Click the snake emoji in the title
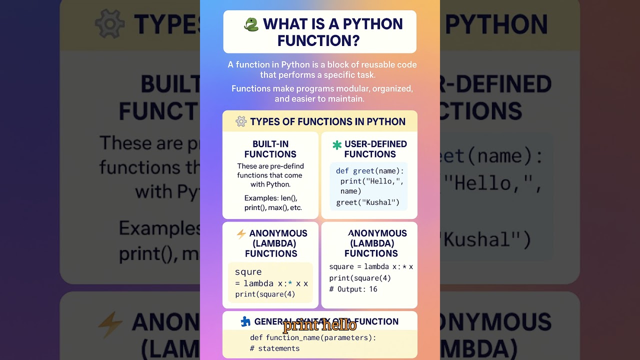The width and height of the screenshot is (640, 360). [251, 24]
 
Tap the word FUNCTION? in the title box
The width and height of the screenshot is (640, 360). [318, 40]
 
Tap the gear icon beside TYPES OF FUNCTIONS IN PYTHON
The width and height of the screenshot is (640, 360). [241, 121]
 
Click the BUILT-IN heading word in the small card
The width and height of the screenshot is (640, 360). [270, 144]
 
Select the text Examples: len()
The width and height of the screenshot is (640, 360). [270, 198]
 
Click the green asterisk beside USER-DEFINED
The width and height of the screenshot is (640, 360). [337, 145]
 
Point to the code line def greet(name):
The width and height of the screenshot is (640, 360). [369, 171]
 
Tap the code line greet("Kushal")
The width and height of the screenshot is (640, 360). [367, 202]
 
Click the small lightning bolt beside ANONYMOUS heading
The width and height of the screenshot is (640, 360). [241, 233]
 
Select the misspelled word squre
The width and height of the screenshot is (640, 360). [248, 272]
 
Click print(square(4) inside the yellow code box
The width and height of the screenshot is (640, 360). [265, 294]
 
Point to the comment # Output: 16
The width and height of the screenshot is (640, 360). [353, 289]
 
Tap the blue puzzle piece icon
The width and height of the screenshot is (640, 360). [245, 321]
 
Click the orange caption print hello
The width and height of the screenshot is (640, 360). [319, 325]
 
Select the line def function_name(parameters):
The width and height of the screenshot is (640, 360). [313, 337]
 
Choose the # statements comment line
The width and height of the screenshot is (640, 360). [274, 348]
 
